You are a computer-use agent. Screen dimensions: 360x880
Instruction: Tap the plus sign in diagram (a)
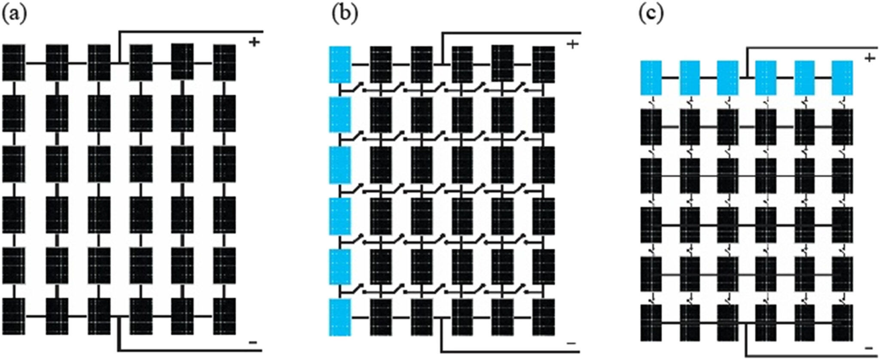coord(254,42)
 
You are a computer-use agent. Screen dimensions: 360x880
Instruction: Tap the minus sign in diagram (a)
coord(253,342)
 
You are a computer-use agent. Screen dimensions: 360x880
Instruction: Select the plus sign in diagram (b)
coord(572,44)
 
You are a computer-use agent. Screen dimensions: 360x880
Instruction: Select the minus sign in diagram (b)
coord(571,343)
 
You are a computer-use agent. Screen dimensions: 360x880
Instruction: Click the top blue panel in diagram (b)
coord(340,64)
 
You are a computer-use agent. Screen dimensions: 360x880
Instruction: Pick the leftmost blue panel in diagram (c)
coord(651,78)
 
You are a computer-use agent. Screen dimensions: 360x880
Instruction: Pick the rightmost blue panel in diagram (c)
coord(842,78)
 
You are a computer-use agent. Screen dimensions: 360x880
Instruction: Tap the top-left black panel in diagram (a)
coord(14,63)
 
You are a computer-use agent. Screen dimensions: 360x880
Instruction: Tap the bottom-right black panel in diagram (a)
coord(224,316)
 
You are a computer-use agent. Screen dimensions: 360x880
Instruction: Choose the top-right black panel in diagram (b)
coord(543,64)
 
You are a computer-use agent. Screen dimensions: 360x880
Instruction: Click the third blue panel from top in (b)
coord(340,165)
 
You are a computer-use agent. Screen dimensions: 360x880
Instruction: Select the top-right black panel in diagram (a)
coord(224,63)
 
